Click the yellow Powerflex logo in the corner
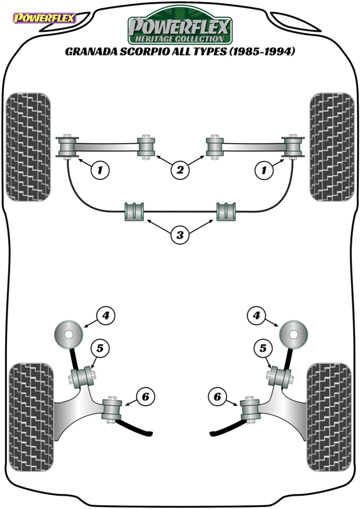click(x=44, y=18)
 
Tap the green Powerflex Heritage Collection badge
click(x=180, y=26)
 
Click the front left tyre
click(x=29, y=147)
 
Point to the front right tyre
click(x=332, y=147)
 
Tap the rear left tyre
click(x=31, y=417)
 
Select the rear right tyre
click(x=329, y=417)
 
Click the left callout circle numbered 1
click(x=100, y=169)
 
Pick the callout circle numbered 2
click(x=180, y=169)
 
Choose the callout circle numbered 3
click(x=180, y=234)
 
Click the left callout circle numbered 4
click(x=106, y=315)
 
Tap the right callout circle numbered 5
click(x=263, y=348)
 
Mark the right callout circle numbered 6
click(x=217, y=396)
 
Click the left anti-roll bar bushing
click(x=134, y=212)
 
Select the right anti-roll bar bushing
click(x=226, y=212)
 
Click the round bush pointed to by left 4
click(x=68, y=335)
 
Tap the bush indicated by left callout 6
click(x=112, y=410)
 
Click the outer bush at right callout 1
click(x=293, y=147)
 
